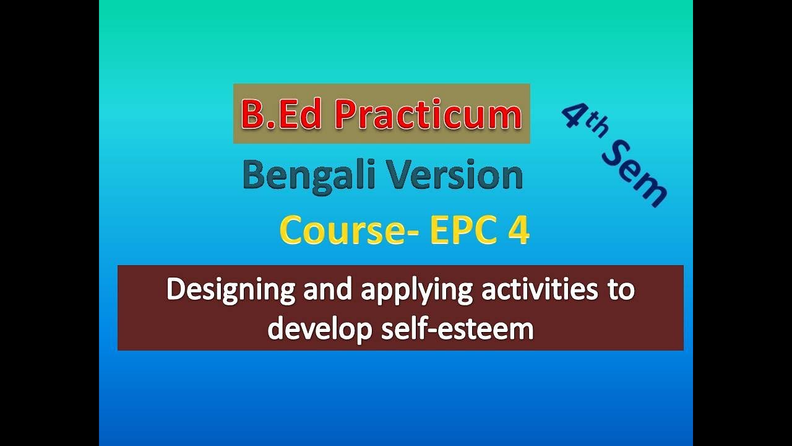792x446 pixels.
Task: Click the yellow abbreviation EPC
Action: pos(462,231)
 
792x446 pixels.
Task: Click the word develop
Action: pos(313,329)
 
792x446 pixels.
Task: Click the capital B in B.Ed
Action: pos(253,115)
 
